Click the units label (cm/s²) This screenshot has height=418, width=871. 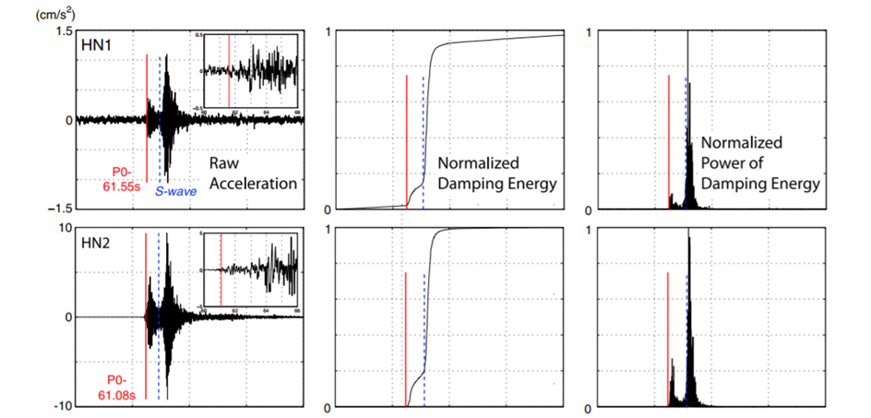(30, 13)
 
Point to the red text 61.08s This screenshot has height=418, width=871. (118, 395)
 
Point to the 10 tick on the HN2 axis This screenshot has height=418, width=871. (65, 227)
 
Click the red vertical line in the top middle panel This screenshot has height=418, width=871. (406, 138)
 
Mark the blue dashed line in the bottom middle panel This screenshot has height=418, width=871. (424, 341)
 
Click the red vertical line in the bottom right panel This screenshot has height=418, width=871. (667, 337)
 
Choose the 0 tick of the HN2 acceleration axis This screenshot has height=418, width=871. (67, 316)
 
